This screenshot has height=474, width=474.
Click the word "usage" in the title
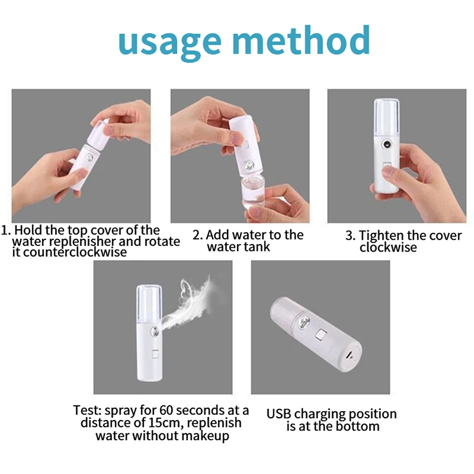(x=169, y=42)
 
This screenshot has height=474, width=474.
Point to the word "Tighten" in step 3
(x=381, y=236)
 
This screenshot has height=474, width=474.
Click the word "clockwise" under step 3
(x=388, y=248)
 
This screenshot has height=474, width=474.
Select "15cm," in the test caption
(x=166, y=423)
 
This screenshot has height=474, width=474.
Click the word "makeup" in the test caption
(x=205, y=436)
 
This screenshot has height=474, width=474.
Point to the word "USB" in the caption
(x=278, y=414)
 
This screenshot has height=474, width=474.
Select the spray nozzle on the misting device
(x=154, y=332)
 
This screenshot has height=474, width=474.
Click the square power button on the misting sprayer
(x=155, y=354)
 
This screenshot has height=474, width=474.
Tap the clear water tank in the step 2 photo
(x=254, y=194)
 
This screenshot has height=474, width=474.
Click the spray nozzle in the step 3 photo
(x=386, y=145)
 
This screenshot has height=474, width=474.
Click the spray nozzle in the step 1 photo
(x=89, y=158)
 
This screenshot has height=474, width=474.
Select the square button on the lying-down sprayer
(x=321, y=335)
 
